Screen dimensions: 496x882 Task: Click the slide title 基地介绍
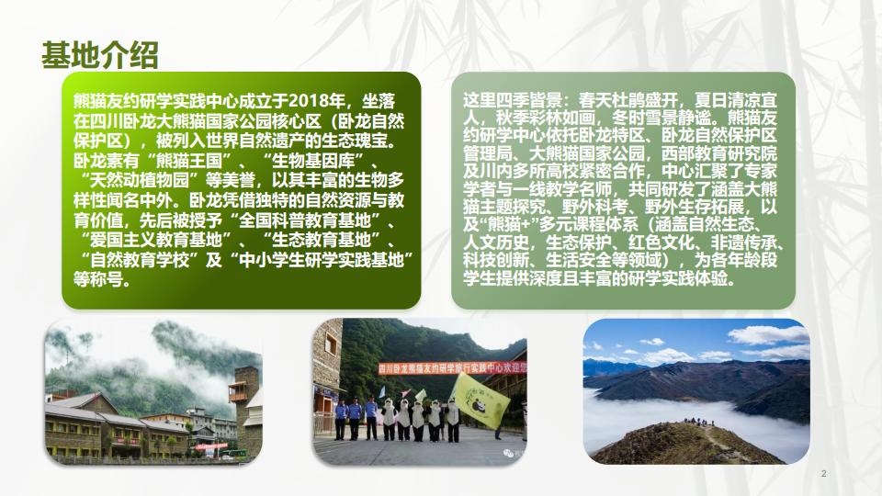coord(100,55)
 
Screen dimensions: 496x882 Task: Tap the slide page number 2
coord(823,473)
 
